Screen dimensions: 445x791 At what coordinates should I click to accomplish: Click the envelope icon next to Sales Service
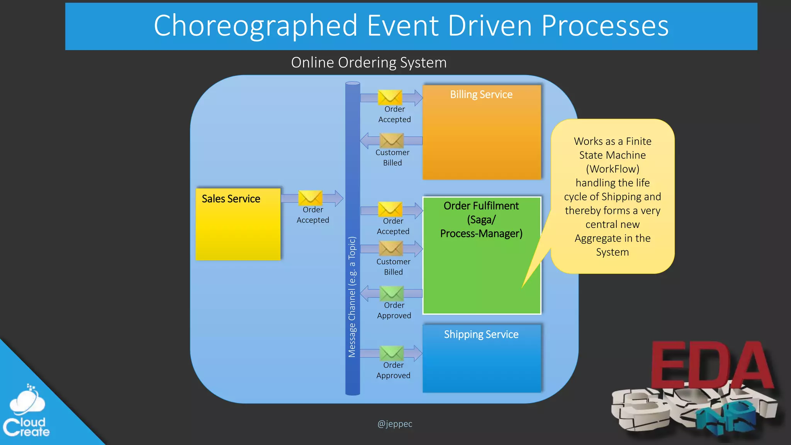coord(310,198)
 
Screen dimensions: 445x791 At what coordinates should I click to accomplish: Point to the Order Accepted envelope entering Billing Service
coord(390,97)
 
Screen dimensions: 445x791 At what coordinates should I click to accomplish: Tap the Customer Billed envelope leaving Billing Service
coord(392,141)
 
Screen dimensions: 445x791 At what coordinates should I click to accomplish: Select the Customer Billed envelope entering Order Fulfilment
coord(391,248)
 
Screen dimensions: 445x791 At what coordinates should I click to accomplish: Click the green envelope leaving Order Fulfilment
coord(392,293)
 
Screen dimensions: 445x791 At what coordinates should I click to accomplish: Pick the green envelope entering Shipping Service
coord(392,353)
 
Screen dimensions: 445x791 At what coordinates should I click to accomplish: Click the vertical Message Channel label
coord(352,297)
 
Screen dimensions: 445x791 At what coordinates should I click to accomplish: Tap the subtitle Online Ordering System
coord(368,63)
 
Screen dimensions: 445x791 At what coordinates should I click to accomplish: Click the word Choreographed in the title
coord(255,26)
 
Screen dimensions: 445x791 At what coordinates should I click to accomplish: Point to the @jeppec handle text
coord(395,424)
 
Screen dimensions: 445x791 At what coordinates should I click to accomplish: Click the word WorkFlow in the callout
coord(613,169)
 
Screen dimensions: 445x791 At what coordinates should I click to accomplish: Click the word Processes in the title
coord(604,26)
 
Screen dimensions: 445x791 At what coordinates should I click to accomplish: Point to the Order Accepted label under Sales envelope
coord(313,215)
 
